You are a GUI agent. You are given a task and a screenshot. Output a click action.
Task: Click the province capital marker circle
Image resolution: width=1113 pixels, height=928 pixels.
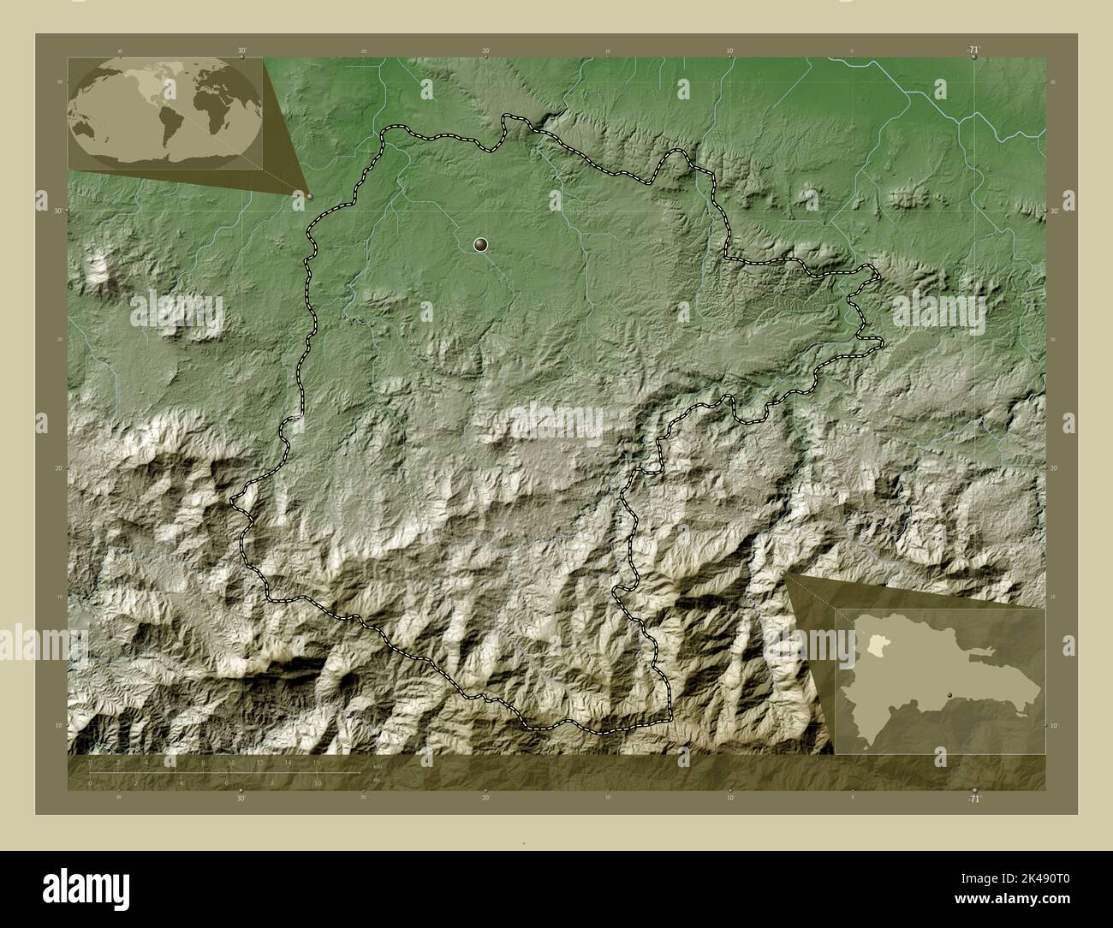click(480, 246)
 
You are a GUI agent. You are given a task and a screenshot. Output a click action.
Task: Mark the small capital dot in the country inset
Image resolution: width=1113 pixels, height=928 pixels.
click(949, 695)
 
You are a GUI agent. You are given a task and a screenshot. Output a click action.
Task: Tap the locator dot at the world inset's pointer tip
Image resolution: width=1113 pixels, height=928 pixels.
click(310, 196)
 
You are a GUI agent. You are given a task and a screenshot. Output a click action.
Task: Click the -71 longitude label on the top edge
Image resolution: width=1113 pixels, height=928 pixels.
click(973, 51)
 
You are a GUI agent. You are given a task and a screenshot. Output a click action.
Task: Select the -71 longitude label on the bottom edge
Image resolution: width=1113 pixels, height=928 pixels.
click(973, 798)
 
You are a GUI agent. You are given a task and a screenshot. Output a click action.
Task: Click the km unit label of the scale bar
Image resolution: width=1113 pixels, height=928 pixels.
click(377, 765)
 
